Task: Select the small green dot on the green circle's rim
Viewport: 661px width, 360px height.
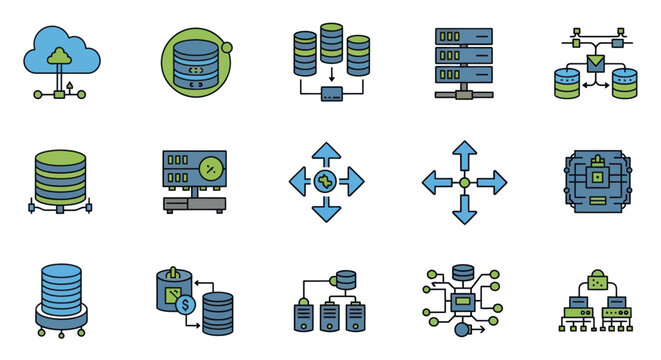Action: click(228, 46)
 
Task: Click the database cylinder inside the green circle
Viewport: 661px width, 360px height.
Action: click(195, 65)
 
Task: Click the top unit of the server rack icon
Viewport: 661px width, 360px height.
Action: click(464, 35)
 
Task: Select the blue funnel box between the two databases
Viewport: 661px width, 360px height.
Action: click(597, 65)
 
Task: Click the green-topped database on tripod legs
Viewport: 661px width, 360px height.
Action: click(59, 176)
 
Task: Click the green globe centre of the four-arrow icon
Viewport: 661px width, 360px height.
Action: click(327, 182)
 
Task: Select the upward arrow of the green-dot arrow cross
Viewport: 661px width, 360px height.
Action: click(464, 156)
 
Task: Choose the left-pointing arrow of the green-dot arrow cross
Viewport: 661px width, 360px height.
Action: click(438, 182)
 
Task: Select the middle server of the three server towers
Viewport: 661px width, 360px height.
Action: click(327, 317)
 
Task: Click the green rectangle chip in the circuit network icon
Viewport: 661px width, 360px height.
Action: click(463, 300)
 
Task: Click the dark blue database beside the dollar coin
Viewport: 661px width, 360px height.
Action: click(218, 313)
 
